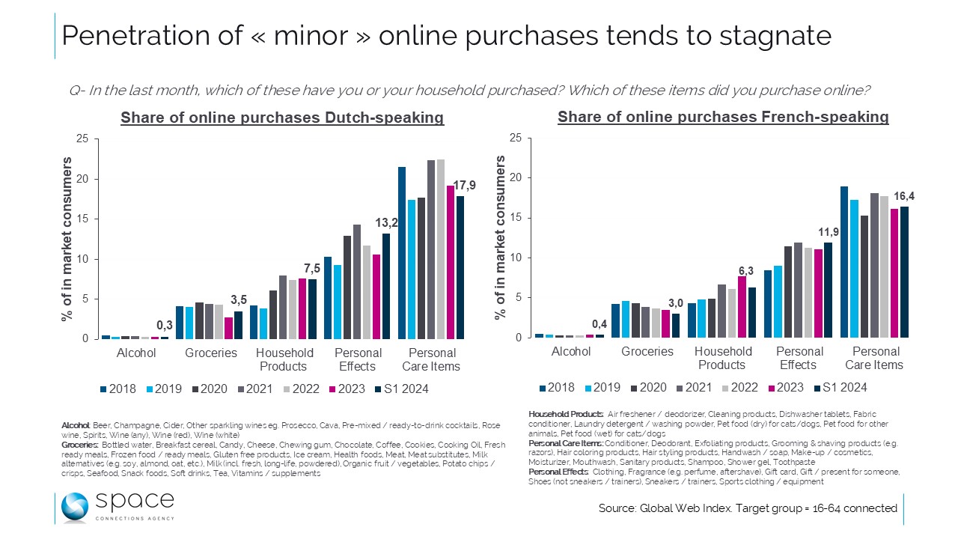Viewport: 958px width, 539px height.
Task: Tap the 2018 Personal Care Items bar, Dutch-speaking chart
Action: [402, 253]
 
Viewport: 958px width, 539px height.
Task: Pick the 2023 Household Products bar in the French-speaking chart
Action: [742, 307]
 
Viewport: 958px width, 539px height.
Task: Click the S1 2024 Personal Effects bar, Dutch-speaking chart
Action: [385, 286]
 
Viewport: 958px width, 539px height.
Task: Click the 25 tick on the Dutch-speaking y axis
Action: [82, 139]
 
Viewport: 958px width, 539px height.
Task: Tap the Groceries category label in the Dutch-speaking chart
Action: [211, 353]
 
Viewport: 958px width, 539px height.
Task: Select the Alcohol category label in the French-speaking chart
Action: [571, 352]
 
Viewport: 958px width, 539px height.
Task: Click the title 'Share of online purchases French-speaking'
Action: [723, 117]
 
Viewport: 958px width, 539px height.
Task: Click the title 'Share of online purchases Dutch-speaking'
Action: [282, 118]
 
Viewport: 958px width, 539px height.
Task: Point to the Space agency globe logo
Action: [76, 507]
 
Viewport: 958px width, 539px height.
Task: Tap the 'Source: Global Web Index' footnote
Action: [747, 508]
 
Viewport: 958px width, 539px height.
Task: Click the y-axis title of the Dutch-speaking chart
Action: [67, 240]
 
